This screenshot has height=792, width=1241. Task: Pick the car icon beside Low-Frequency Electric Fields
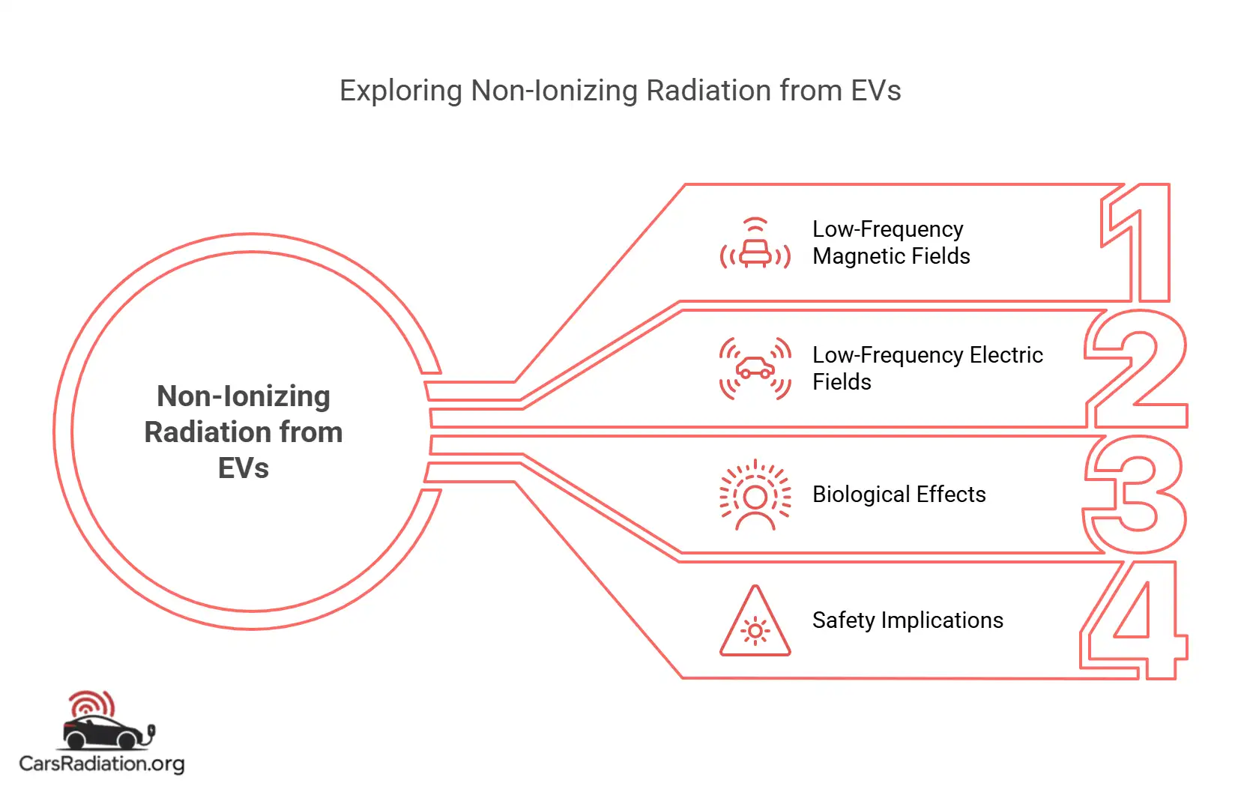[x=755, y=369]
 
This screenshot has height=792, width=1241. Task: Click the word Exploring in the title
[x=400, y=91]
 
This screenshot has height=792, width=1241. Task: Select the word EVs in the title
[x=875, y=91]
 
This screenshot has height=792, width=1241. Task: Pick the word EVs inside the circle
[x=244, y=468]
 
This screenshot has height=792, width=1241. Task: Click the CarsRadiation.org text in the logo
[x=101, y=764]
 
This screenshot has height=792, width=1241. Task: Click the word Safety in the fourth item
[x=843, y=620]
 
